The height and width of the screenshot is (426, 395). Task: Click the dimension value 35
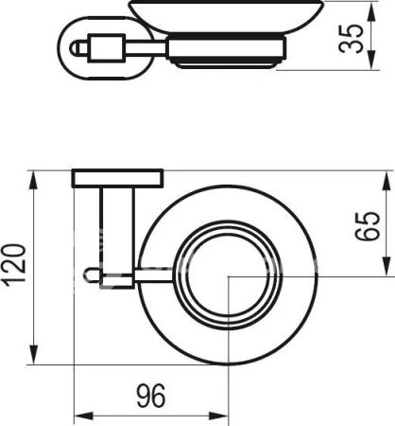tap(351, 38)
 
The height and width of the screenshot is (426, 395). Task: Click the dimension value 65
tap(367, 226)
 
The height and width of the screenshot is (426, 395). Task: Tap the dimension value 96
tap(151, 396)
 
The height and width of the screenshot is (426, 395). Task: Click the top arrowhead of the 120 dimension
tap(33, 181)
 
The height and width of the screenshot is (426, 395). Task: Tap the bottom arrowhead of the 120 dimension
tap(33, 354)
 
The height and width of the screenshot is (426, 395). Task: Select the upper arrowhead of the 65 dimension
tap(386, 181)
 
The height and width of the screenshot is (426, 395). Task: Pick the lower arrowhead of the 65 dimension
tap(386, 266)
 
